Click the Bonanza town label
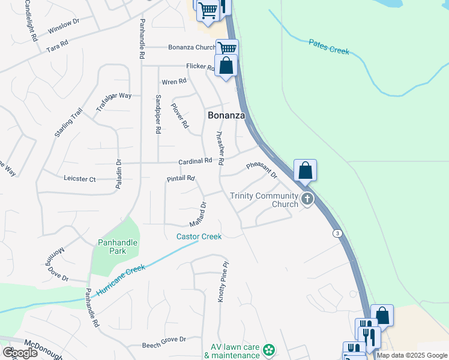(226, 116)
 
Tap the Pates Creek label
(329, 47)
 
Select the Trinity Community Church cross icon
(307, 199)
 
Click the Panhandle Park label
(118, 247)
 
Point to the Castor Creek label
(199, 236)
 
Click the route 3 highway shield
(338, 233)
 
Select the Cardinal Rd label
(195, 161)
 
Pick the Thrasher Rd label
(220, 148)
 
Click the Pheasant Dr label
(262, 170)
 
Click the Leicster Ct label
(80, 179)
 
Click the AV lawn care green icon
(269, 349)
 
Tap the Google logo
(20, 353)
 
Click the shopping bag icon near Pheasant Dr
(306, 171)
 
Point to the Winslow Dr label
(63, 26)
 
